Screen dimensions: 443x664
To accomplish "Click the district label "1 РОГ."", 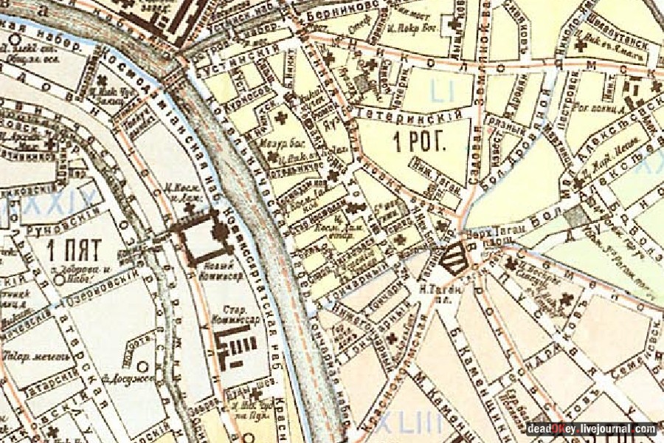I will [421, 142].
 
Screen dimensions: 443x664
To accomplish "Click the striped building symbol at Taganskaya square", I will [453, 258].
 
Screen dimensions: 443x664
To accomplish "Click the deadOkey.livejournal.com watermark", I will [590, 428].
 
